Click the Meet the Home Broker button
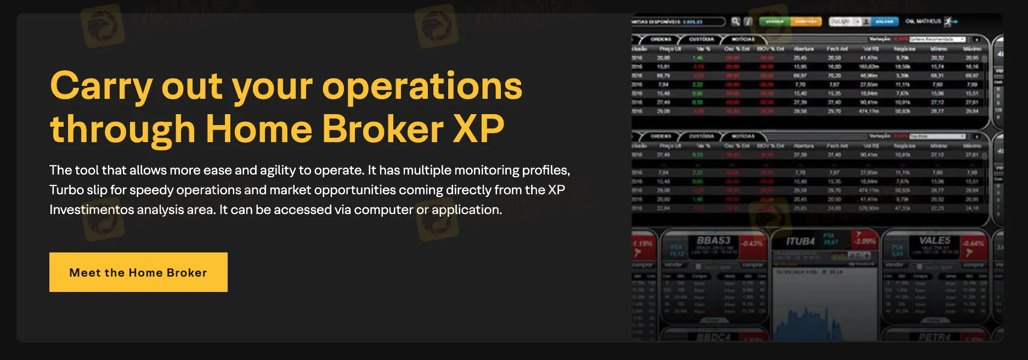(x=138, y=272)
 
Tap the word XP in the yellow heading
(x=478, y=130)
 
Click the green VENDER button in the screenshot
(x=774, y=21)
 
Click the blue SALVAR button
(x=884, y=21)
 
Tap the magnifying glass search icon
(x=736, y=21)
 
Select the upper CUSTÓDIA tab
(x=701, y=40)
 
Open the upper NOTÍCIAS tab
(x=743, y=40)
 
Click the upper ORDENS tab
(x=660, y=40)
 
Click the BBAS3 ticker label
(x=713, y=240)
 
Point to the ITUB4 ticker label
(x=800, y=241)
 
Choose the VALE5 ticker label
(x=935, y=240)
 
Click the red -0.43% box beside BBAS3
(x=752, y=244)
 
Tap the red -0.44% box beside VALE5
(x=973, y=244)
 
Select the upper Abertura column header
(x=804, y=49)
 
